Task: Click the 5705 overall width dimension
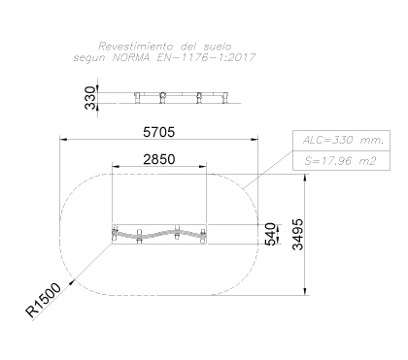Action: [158, 132]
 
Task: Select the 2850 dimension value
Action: [159, 159]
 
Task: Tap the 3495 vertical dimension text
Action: [298, 235]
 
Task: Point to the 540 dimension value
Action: [270, 234]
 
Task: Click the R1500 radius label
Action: [43, 300]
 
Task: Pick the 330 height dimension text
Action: [90, 98]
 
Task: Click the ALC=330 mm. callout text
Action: [343, 141]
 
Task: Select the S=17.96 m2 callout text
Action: [340, 161]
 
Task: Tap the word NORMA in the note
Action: [131, 57]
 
